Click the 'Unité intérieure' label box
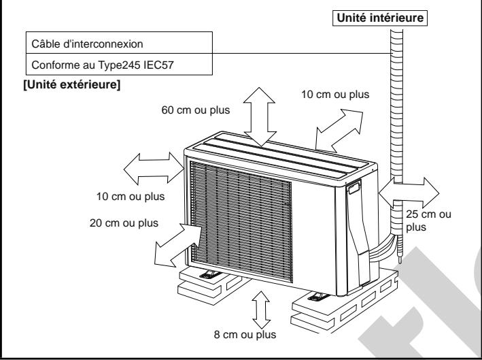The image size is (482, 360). tap(380, 18)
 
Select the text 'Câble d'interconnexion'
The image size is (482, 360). tap(87, 44)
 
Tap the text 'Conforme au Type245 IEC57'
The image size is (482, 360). tap(103, 65)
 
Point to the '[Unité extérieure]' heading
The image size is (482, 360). tap(72, 84)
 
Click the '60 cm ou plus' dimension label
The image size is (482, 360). tap(196, 110)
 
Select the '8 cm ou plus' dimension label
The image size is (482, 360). tap(245, 334)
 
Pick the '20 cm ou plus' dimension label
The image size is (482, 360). tap(124, 223)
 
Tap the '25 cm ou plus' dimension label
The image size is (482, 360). tap(428, 220)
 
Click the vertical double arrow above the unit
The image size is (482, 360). tap(260, 116)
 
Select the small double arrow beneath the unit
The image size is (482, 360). tap(261, 310)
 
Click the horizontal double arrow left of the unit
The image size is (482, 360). tap(154, 169)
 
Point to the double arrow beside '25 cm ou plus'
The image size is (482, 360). tap(409, 193)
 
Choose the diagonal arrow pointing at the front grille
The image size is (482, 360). tap(177, 246)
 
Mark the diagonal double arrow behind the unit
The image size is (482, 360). tap(339, 131)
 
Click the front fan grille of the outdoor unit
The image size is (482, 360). tap(241, 220)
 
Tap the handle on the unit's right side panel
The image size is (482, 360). tap(354, 188)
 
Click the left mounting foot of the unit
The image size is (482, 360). tap(210, 274)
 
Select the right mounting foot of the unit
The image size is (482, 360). tap(319, 297)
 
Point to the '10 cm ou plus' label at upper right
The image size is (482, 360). tap(335, 95)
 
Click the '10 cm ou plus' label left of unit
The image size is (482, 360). tap(131, 196)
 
